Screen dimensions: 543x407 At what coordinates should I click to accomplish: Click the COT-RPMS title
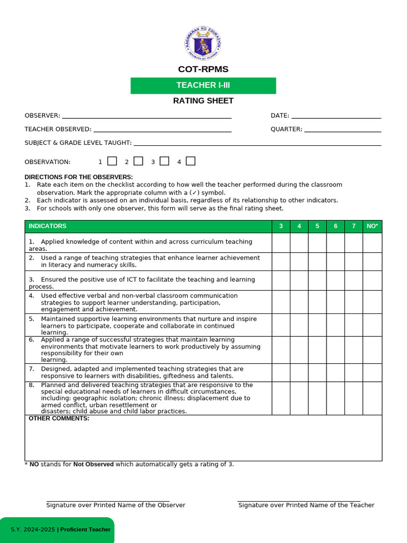coord(203,69)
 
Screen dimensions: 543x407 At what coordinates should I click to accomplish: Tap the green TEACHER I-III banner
coord(203,85)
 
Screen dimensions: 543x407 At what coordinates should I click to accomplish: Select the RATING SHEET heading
coord(203,101)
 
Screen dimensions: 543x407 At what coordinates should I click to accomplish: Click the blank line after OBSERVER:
coord(146,116)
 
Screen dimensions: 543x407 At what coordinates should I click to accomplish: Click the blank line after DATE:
coord(336,116)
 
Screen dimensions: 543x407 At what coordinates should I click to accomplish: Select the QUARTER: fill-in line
coord(342,130)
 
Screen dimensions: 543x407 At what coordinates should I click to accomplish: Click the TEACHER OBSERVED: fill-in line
coord(162,130)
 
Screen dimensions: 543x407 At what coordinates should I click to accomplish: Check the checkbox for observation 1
coord(112,161)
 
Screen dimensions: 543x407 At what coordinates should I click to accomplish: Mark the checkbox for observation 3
coord(164,161)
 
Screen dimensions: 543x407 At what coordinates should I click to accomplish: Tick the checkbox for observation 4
coord(191,161)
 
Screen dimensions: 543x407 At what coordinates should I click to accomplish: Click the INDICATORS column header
coord(48,226)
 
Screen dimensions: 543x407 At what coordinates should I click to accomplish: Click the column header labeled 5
coord(317,226)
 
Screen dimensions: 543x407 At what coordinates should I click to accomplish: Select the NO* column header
coord(372,226)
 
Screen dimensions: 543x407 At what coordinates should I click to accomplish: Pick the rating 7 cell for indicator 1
coord(353,243)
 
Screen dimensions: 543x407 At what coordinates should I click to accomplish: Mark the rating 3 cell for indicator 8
coord(281,398)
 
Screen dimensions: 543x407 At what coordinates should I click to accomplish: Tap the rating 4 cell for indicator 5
coord(299,325)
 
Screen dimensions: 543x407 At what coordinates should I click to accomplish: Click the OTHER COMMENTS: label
coord(59,419)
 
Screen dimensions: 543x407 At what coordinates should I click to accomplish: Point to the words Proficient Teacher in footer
coord(85,530)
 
